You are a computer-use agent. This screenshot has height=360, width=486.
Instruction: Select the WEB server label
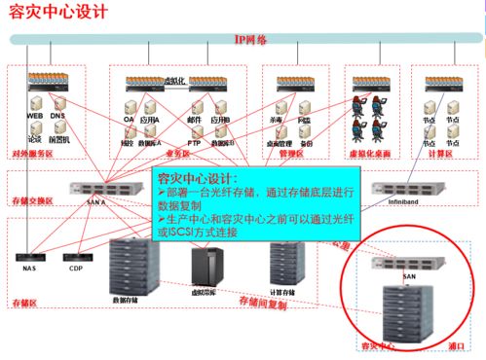[x=35, y=116]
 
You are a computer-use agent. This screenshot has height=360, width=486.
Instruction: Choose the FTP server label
[x=195, y=141]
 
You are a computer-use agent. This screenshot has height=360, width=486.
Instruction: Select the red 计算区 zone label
[x=441, y=154]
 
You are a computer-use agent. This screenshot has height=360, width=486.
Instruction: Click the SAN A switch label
[x=95, y=201]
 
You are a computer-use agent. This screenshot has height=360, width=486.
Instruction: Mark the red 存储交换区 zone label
[x=35, y=200]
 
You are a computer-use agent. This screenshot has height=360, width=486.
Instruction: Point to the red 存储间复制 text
[x=263, y=305]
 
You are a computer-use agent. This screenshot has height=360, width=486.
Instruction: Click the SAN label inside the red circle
[x=409, y=276]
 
